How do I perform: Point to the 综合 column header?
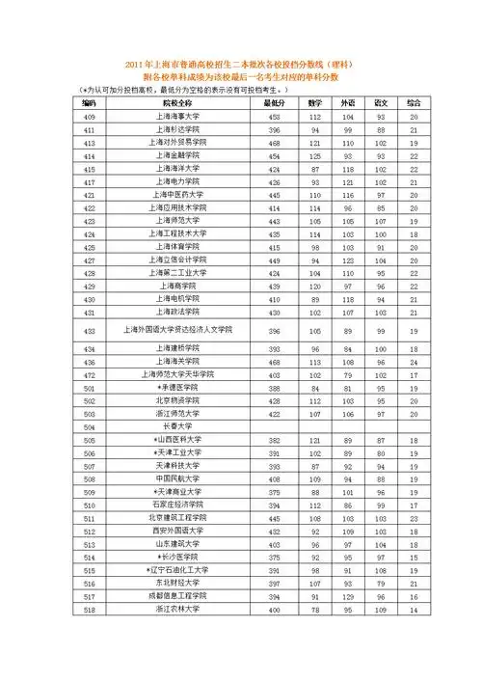click(413, 102)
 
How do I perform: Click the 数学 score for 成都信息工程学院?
click(314, 597)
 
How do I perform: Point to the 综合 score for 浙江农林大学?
click(413, 610)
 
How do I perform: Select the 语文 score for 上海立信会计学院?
click(380, 259)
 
